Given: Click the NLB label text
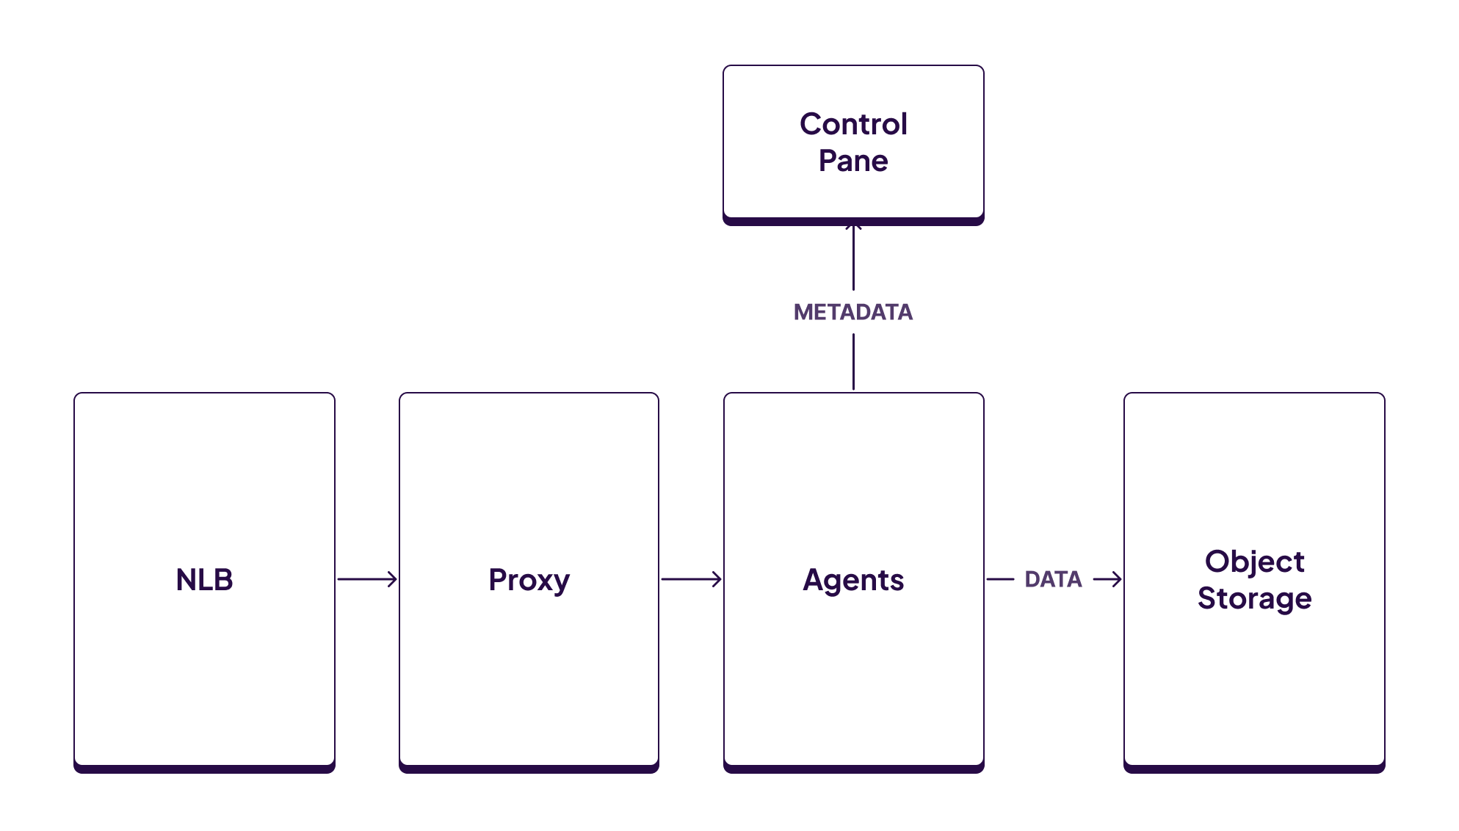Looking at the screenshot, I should [x=204, y=580].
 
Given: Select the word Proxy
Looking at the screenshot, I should [x=529, y=580].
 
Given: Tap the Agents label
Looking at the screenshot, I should [x=853, y=580].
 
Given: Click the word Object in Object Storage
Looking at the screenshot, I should [x=1254, y=562].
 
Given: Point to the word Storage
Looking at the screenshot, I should [x=1254, y=598].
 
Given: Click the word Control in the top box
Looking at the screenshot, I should [x=853, y=124].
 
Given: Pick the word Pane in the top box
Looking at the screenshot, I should [x=853, y=161].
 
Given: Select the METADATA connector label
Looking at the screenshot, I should [x=853, y=312].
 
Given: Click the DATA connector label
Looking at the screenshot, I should [x=1053, y=579].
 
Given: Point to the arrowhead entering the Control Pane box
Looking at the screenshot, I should [x=853, y=227].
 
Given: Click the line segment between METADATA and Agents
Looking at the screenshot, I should [x=853, y=361].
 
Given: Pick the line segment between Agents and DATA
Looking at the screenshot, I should [x=1000, y=579].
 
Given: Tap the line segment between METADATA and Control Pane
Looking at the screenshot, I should [x=853, y=261].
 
